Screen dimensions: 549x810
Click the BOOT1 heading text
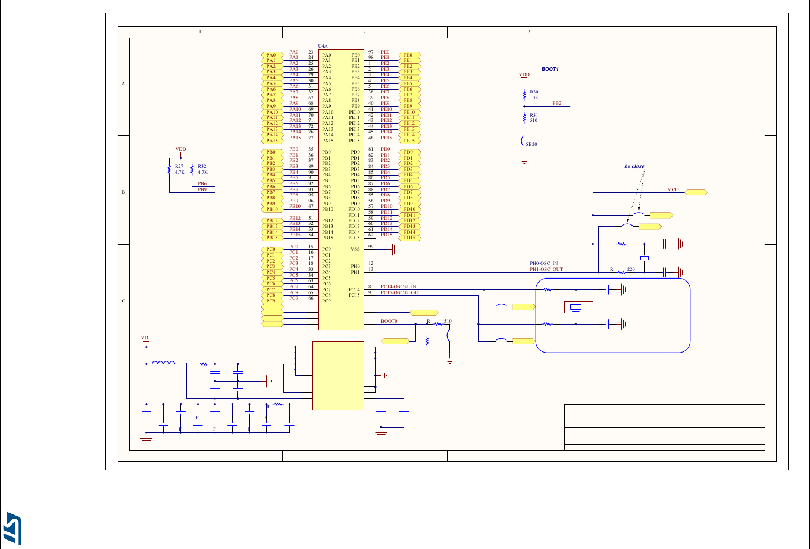click(550, 70)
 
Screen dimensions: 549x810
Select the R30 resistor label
click(533, 92)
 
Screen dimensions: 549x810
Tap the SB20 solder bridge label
click(531, 144)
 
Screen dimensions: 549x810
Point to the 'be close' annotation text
click(634, 166)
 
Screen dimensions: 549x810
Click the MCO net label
click(673, 189)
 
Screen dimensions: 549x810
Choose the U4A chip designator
click(323, 46)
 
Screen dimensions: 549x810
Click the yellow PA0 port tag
click(271, 55)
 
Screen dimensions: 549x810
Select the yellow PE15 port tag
click(409, 141)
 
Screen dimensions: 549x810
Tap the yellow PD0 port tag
click(409, 152)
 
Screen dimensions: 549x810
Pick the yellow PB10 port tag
click(272, 209)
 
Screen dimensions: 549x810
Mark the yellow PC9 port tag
click(271, 301)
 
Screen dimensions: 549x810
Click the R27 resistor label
click(179, 167)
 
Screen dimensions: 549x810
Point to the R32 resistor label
click(202, 167)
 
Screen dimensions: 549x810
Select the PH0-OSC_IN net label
click(543, 263)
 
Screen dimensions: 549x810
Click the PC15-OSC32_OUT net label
click(401, 292)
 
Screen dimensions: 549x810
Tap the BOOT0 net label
click(389, 321)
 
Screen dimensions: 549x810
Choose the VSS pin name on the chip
click(355, 249)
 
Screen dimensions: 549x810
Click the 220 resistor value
click(631, 270)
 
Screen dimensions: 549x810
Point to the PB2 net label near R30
click(556, 103)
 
